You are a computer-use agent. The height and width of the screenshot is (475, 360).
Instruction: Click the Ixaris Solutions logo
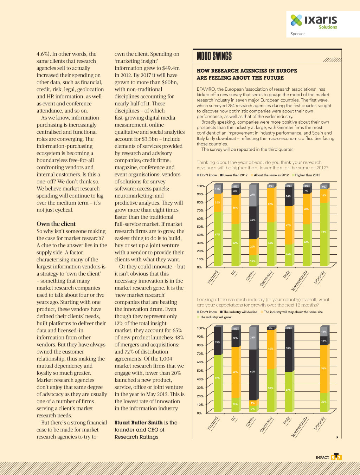coord(314,21)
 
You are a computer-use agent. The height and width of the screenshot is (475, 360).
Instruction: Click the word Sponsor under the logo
coord(297,34)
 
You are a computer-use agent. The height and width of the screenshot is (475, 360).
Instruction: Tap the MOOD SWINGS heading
coord(214,56)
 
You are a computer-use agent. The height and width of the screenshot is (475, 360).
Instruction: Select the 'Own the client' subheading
coord(56,224)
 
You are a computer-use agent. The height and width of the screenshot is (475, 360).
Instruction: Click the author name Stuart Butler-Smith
coord(139,423)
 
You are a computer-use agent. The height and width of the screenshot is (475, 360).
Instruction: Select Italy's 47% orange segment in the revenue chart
coord(288,225)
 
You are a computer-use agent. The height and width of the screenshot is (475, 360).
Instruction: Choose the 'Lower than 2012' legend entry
coord(234,175)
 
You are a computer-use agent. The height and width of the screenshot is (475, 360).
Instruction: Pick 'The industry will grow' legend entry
coord(215,317)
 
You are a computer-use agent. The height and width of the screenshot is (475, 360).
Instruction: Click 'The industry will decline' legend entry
coord(239,312)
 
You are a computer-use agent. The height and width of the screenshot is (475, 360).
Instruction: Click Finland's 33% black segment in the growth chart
coord(218,341)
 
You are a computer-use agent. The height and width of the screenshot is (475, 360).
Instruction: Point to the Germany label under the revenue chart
coord(266,278)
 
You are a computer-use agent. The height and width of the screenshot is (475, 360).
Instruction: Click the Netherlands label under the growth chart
coord(299,427)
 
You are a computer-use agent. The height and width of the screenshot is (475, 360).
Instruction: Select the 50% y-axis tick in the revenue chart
coord(200,227)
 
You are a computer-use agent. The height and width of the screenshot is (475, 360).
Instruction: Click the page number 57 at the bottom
coord(336,457)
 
